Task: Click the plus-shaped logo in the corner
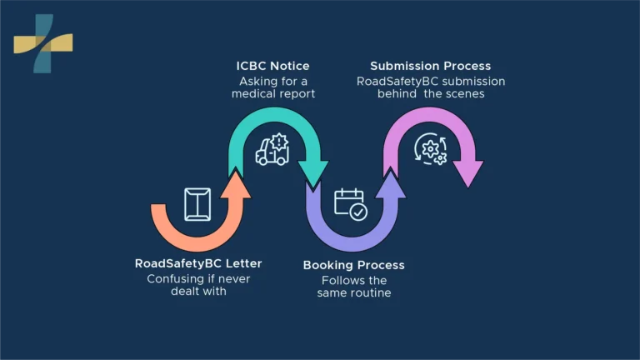click(43, 43)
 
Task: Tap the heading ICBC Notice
click(272, 66)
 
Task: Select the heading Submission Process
click(431, 66)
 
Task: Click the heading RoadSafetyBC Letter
click(198, 263)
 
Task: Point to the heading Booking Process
click(354, 265)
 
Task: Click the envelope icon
click(197, 204)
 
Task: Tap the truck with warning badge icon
click(272, 149)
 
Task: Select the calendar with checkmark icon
click(351, 204)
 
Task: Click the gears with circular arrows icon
click(431, 148)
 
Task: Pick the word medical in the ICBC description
click(252, 94)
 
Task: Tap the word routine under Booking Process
click(372, 293)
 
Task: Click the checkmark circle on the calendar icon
click(359, 212)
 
